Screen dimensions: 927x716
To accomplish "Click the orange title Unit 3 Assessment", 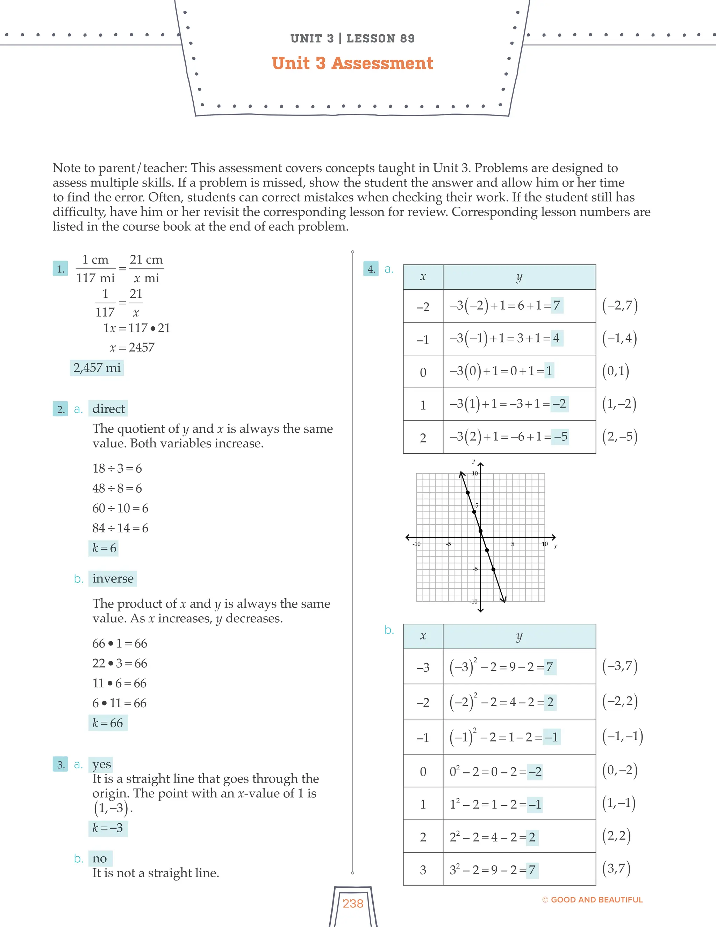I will point(352,63).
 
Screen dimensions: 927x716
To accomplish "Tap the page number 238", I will point(353,903).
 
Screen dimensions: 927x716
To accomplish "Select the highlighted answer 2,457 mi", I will point(97,368).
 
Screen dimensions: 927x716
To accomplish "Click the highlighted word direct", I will point(109,409).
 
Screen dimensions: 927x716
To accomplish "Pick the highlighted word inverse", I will point(113,579).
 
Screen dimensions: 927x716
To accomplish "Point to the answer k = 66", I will point(108,723).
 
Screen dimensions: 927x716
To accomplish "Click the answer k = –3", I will point(108,828).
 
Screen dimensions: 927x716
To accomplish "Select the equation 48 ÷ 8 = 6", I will point(117,488).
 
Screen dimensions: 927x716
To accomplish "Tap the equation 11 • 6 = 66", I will point(120,683).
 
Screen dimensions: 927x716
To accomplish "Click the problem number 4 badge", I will point(371,269).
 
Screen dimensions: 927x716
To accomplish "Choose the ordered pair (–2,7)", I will point(620,306).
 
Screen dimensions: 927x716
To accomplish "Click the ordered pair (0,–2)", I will point(620,770).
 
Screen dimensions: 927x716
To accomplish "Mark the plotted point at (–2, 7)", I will point(468,493).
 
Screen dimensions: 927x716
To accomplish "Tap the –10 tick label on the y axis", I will point(473,601).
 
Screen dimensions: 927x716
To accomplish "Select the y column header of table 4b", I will point(519,636).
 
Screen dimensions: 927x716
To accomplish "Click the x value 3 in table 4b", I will point(423,870).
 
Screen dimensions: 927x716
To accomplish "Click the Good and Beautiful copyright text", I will point(593,899).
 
